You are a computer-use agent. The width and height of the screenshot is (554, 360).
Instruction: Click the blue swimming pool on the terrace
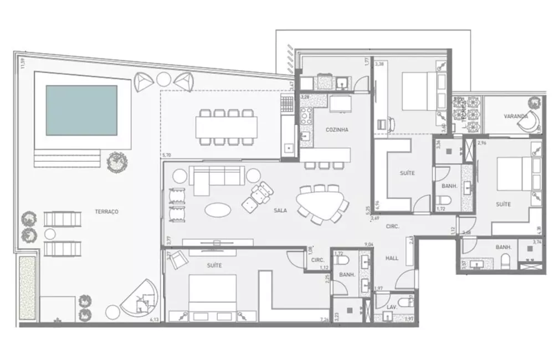[x=81, y=111]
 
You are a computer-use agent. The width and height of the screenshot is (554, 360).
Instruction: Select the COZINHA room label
[x=337, y=130]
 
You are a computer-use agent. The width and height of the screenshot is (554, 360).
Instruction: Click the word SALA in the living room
[x=280, y=210]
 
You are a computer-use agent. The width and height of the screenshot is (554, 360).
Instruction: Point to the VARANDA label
[x=515, y=117]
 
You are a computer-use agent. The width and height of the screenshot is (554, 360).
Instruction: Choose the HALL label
[x=393, y=258]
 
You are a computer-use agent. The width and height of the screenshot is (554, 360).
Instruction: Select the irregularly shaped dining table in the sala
[x=320, y=203]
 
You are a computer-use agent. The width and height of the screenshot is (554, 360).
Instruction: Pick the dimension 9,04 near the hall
[x=368, y=244]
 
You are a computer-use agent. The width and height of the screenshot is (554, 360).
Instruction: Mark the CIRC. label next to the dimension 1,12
[x=317, y=260]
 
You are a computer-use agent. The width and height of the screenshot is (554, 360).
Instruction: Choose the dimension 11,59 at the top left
[x=22, y=63]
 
